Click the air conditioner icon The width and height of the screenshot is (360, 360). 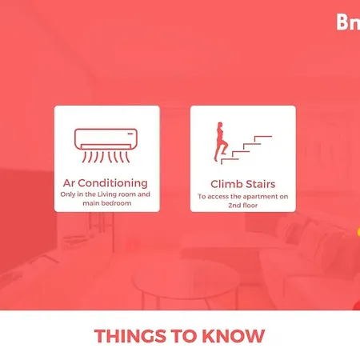(106, 146)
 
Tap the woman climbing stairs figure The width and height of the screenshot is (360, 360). (220, 142)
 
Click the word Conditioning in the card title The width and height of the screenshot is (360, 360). (113, 183)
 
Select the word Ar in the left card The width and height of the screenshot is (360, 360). (69, 183)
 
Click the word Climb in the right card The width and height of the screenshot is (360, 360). (226, 184)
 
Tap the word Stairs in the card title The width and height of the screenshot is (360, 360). (260, 184)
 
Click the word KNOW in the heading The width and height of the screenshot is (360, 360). (234, 336)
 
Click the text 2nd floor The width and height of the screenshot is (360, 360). (243, 206)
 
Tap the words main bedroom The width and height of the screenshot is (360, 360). (107, 203)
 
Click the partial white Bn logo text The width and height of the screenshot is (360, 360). (348, 22)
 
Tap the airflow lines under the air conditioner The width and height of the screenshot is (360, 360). (106, 157)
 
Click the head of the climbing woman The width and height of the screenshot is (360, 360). (220, 125)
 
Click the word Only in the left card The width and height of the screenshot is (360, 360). (68, 194)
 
